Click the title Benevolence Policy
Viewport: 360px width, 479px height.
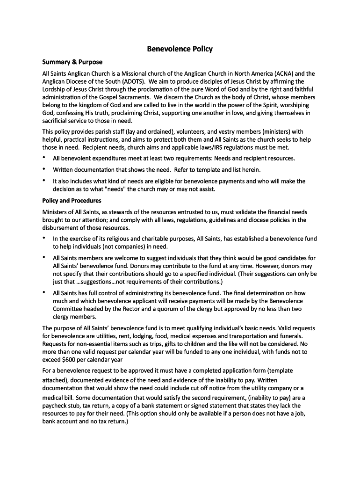[x=180, y=49]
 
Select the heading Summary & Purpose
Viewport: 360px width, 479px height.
[x=72, y=62]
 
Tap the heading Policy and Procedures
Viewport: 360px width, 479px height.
[x=72, y=201]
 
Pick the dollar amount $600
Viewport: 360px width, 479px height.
[x=70, y=359]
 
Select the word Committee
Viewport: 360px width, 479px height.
[x=67, y=309]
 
